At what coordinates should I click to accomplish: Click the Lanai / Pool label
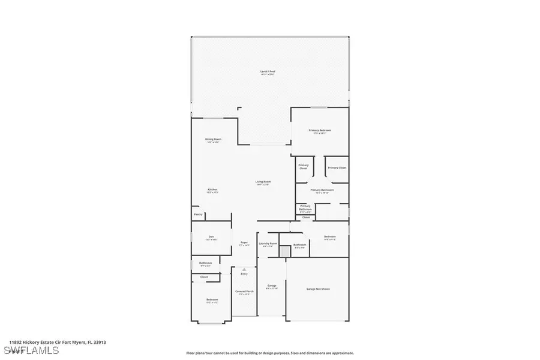click(x=268, y=73)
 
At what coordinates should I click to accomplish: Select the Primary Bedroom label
click(x=320, y=131)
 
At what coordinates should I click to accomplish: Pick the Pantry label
click(x=198, y=214)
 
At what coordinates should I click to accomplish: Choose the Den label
click(x=211, y=238)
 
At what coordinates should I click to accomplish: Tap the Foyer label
click(x=244, y=244)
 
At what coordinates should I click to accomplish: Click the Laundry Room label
click(x=268, y=244)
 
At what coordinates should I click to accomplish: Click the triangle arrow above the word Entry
click(x=244, y=270)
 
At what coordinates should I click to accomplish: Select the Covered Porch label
click(x=244, y=293)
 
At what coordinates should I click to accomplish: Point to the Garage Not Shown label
click(x=317, y=289)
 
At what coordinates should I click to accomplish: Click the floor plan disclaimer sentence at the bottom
click(x=270, y=353)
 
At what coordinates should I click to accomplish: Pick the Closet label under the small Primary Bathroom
click(x=306, y=217)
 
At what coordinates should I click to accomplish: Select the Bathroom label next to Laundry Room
click(x=299, y=245)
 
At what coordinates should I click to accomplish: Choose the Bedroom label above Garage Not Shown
click(x=330, y=238)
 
